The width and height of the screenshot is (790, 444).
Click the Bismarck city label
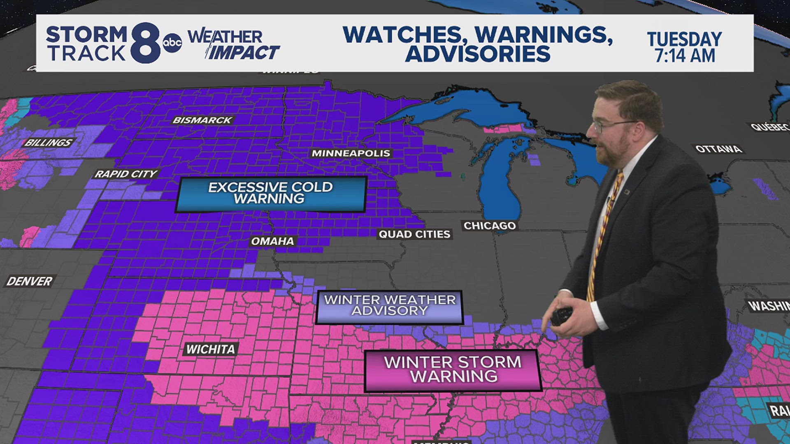(x=202, y=120)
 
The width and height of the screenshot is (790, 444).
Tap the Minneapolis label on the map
(x=351, y=153)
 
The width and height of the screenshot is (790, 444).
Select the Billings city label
(x=48, y=143)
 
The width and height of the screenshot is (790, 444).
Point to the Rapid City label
(x=126, y=174)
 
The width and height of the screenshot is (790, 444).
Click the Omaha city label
(x=272, y=241)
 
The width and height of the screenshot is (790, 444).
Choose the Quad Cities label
(x=414, y=234)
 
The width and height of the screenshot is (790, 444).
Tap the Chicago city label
(x=490, y=226)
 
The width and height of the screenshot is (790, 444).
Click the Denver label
(x=29, y=281)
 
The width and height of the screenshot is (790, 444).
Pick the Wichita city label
(x=211, y=349)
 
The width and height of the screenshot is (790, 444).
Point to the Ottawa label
(x=718, y=149)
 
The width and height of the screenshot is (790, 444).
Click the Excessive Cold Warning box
(x=271, y=194)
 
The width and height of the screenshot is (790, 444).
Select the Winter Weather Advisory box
(x=390, y=306)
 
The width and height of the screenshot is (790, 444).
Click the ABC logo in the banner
(x=172, y=43)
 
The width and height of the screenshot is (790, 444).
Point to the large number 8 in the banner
(x=145, y=43)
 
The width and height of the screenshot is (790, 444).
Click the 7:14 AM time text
(x=685, y=56)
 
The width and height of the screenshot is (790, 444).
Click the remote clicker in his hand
(x=561, y=316)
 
